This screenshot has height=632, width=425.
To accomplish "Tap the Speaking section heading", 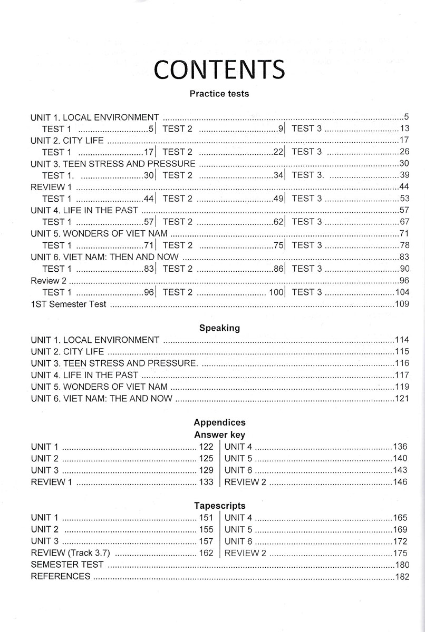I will [x=219, y=328].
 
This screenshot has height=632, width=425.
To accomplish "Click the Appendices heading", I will [x=219, y=422].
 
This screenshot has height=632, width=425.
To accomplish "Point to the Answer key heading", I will [x=219, y=435].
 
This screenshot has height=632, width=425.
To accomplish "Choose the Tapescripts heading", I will [x=219, y=506].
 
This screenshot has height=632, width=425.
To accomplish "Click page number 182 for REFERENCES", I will [x=402, y=577].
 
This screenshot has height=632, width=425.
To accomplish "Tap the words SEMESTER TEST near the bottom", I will [x=67, y=565].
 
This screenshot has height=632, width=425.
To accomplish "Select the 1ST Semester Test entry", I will [x=69, y=304].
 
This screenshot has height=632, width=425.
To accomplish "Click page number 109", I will [x=402, y=304].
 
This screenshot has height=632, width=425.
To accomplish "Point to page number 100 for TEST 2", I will [x=276, y=292].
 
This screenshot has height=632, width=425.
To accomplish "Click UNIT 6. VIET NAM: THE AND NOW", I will [x=102, y=398].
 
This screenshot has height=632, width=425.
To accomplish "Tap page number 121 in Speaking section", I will [x=402, y=398].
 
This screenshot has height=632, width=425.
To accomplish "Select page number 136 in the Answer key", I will [x=400, y=447].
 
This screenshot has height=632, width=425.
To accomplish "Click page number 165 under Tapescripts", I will [x=400, y=518].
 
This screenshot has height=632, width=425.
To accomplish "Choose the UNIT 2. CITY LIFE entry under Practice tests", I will [x=67, y=140].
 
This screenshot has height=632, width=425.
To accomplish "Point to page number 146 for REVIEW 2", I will [x=400, y=482].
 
